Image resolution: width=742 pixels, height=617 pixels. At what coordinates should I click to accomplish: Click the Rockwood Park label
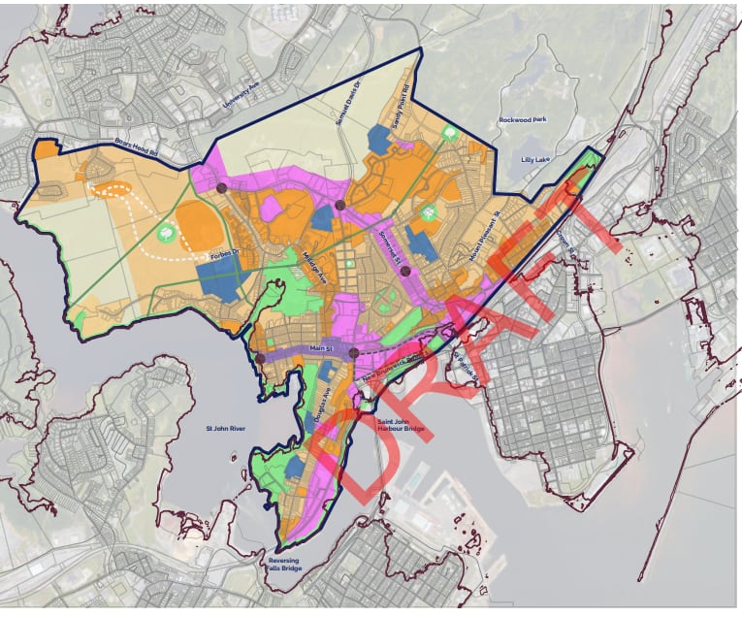[532, 119]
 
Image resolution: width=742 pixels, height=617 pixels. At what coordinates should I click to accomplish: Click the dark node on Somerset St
[405, 272]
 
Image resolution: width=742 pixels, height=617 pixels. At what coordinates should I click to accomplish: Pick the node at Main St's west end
[260, 359]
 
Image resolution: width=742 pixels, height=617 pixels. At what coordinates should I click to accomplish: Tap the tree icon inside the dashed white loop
[166, 233]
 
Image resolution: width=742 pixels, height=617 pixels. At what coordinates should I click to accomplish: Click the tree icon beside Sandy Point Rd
[448, 131]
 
